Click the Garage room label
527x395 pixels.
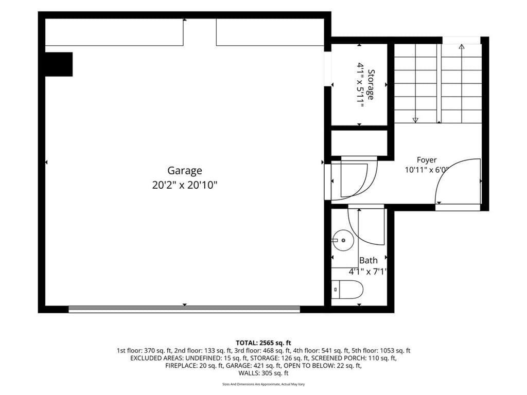pyautogui.click(x=185, y=171)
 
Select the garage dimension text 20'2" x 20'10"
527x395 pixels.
pyautogui.click(x=185, y=185)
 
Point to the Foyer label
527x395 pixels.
pyautogui.click(x=427, y=160)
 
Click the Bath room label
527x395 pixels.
pyautogui.click(x=368, y=260)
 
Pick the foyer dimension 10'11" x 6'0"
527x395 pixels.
pyautogui.click(x=427, y=170)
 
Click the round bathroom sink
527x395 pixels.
pyautogui.click(x=343, y=240)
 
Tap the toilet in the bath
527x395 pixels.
pyautogui.click(x=347, y=290)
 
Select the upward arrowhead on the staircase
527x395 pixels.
pyautogui.click(x=462, y=47)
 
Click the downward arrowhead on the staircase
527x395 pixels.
pyautogui.click(x=415, y=120)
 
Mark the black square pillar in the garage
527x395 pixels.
pyautogui.click(x=59, y=64)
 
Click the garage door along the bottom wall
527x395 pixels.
pyautogui.click(x=184, y=309)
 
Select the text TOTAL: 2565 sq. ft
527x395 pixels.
pyautogui.click(x=263, y=343)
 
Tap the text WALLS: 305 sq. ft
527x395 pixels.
pyautogui.click(x=263, y=373)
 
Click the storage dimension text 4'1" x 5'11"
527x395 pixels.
pyautogui.click(x=361, y=85)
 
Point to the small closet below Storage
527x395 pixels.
pyautogui.click(x=359, y=143)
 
